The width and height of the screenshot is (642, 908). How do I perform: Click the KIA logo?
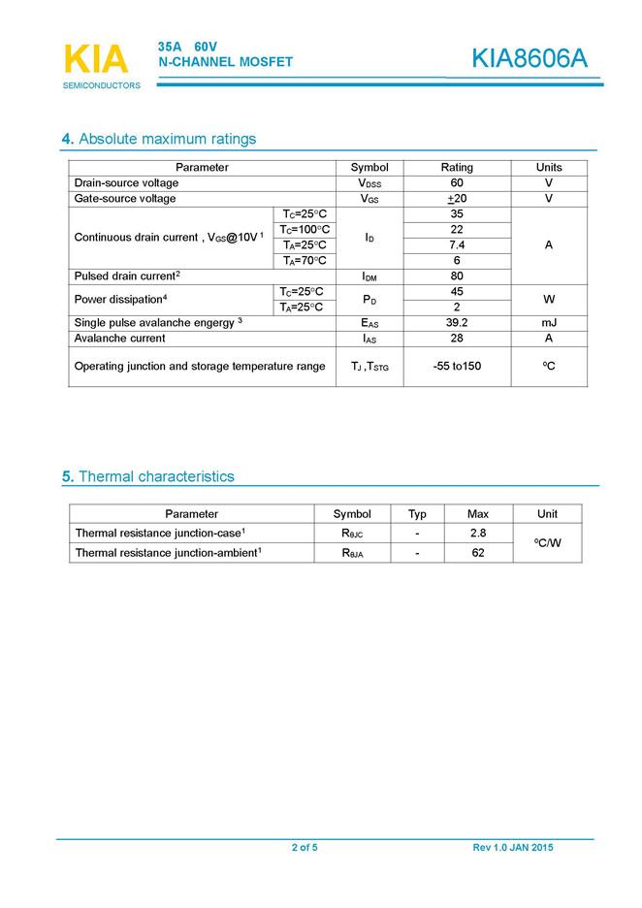pyautogui.click(x=95, y=60)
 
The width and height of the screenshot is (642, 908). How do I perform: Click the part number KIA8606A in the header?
pyautogui.click(x=530, y=58)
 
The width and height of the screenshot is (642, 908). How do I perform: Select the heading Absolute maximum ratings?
pyautogui.click(x=159, y=139)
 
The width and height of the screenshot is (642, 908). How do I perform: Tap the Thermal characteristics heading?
pyautogui.click(x=148, y=476)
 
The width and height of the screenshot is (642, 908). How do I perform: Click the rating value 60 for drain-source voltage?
pyautogui.click(x=457, y=183)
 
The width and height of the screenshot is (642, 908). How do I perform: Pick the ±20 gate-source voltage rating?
pyautogui.click(x=457, y=199)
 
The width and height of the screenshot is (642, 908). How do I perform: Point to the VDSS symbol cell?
pyautogui.click(x=369, y=183)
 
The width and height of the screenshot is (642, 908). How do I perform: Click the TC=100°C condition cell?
pyautogui.click(x=305, y=229)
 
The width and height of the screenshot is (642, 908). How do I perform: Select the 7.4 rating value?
pyautogui.click(x=457, y=244)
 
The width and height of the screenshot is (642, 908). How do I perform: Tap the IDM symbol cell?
pyautogui.click(x=369, y=276)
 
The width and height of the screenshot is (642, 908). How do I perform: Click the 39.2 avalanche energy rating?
pyautogui.click(x=457, y=323)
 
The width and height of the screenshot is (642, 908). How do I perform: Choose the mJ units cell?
pyautogui.click(x=549, y=323)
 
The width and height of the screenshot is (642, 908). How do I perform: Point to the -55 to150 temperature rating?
pyautogui.click(x=457, y=367)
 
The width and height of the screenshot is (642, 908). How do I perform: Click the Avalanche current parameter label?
pyautogui.click(x=120, y=339)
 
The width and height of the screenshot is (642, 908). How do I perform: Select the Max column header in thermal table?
pyautogui.click(x=478, y=514)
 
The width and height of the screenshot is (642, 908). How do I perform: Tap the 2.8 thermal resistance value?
pyautogui.click(x=478, y=534)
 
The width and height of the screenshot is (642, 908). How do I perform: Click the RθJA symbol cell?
pyautogui.click(x=352, y=553)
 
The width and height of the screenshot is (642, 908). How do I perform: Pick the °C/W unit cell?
pyautogui.click(x=548, y=543)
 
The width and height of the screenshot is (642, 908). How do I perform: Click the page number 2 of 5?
pyautogui.click(x=305, y=848)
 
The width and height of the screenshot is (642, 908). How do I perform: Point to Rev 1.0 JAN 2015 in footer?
pyautogui.click(x=513, y=848)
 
